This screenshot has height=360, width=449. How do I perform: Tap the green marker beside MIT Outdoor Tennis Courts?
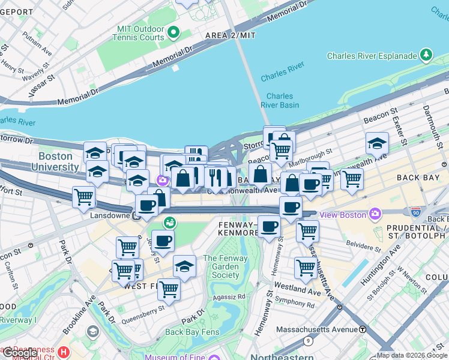pyautogui.click(x=174, y=32)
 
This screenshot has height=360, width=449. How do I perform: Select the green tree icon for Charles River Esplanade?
pyautogui.click(x=427, y=55)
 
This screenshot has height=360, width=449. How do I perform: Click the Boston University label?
pyautogui.click(x=56, y=161)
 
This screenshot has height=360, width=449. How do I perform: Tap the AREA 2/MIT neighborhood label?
pyautogui.click(x=231, y=35)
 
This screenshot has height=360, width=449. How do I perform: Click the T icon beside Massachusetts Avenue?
pyautogui.click(x=363, y=329)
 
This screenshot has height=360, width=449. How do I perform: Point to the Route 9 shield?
pyautogui.click(x=308, y=341)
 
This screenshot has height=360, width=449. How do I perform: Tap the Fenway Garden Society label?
pyautogui.click(x=221, y=267)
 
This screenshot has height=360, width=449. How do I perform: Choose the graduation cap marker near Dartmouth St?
pyautogui.click(x=377, y=143)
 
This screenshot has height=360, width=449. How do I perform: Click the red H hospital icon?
pyautogui.click(x=64, y=351)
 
